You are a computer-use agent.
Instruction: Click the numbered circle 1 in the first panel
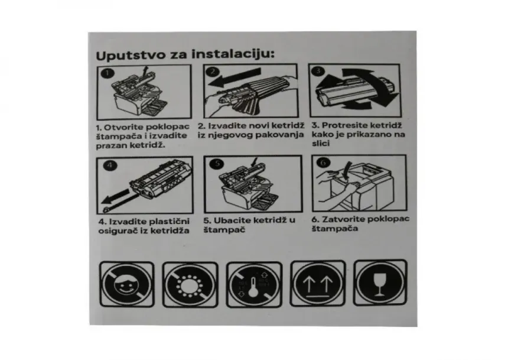[x=108, y=73]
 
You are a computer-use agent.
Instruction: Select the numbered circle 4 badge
[x=110, y=166]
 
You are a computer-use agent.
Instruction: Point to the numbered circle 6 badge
[x=323, y=163]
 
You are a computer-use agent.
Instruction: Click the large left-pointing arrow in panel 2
[x=235, y=78]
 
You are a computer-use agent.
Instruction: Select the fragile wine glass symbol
[x=380, y=283]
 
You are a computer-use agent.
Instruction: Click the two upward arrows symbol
[x=318, y=284]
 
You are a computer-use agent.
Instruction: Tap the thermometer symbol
[x=254, y=285]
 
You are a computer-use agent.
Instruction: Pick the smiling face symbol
[x=126, y=284]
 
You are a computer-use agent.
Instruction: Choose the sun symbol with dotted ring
[x=190, y=285]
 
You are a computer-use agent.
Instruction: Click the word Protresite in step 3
[x=345, y=125]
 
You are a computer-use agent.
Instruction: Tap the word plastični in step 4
[x=169, y=222]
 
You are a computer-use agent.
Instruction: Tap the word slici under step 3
[x=321, y=144]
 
